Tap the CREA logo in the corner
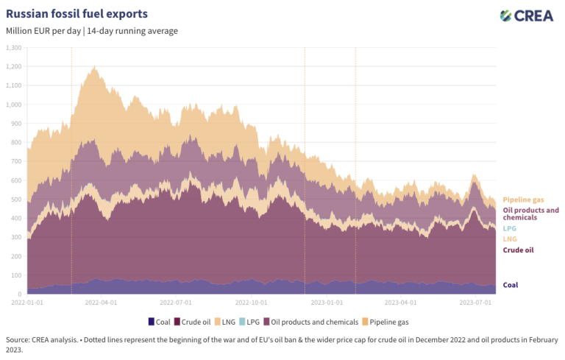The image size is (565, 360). pos(527,15)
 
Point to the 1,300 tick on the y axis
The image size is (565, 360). pos(14,47)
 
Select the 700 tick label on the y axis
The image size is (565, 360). pos(16,161)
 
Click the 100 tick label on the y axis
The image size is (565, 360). pos(16,275)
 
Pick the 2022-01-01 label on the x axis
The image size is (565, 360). pos(27,302)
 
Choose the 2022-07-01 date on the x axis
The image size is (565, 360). pos(177,302)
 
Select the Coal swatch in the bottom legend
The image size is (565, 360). pos(152,322)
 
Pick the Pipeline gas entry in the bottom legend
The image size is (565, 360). pos(389,322)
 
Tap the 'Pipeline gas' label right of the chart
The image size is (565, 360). pos(524,200)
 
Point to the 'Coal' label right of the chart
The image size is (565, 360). pos(511,285)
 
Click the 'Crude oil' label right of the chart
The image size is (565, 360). pos(518,250)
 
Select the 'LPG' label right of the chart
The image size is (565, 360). pos(509,228)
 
